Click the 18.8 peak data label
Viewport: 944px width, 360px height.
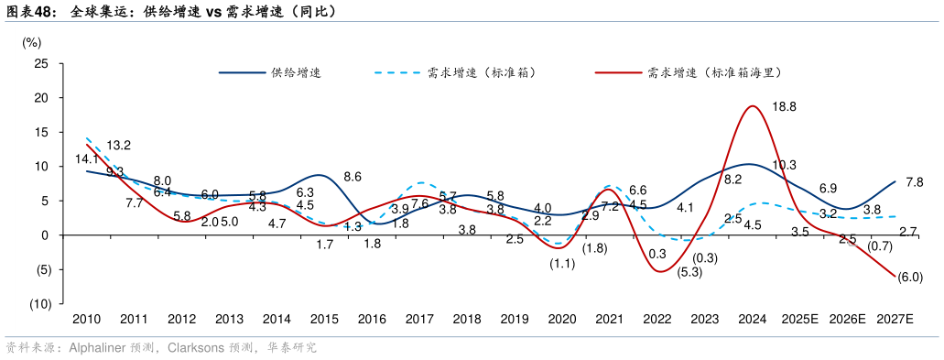(785, 107)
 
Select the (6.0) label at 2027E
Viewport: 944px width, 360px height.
(910, 278)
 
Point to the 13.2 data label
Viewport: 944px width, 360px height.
(119, 146)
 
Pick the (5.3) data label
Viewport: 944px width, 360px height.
(691, 272)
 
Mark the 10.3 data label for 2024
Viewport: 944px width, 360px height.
(785, 165)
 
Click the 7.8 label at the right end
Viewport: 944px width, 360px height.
(914, 182)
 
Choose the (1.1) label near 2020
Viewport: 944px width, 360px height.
(562, 264)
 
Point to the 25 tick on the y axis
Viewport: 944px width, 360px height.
(41, 63)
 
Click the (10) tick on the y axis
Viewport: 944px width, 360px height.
(38, 304)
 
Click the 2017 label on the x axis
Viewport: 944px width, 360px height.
(419, 320)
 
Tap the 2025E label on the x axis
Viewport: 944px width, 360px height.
(799, 320)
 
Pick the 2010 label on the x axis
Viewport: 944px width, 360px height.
(86, 320)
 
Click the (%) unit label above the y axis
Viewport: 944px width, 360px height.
(31, 41)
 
